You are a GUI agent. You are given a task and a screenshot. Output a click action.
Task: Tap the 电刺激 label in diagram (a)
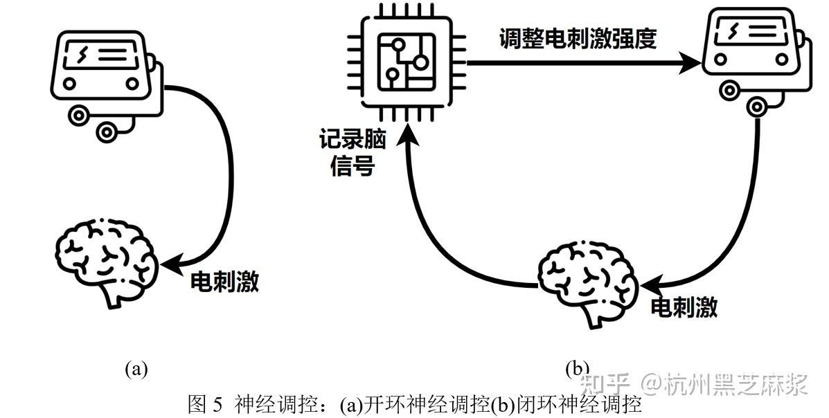pyautogui.click(x=224, y=281)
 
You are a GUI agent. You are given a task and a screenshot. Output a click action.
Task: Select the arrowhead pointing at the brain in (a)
pyautogui.click(x=170, y=262)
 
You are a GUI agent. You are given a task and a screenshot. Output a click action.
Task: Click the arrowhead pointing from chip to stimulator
pyautogui.click(x=690, y=64)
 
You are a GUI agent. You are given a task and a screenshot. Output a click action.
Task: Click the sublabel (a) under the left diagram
pyautogui.click(x=136, y=367)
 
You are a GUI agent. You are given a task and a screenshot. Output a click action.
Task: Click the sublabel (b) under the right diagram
pyautogui.click(x=577, y=367)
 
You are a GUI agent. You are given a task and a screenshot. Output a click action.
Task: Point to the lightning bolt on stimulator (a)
pyautogui.click(x=85, y=54)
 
